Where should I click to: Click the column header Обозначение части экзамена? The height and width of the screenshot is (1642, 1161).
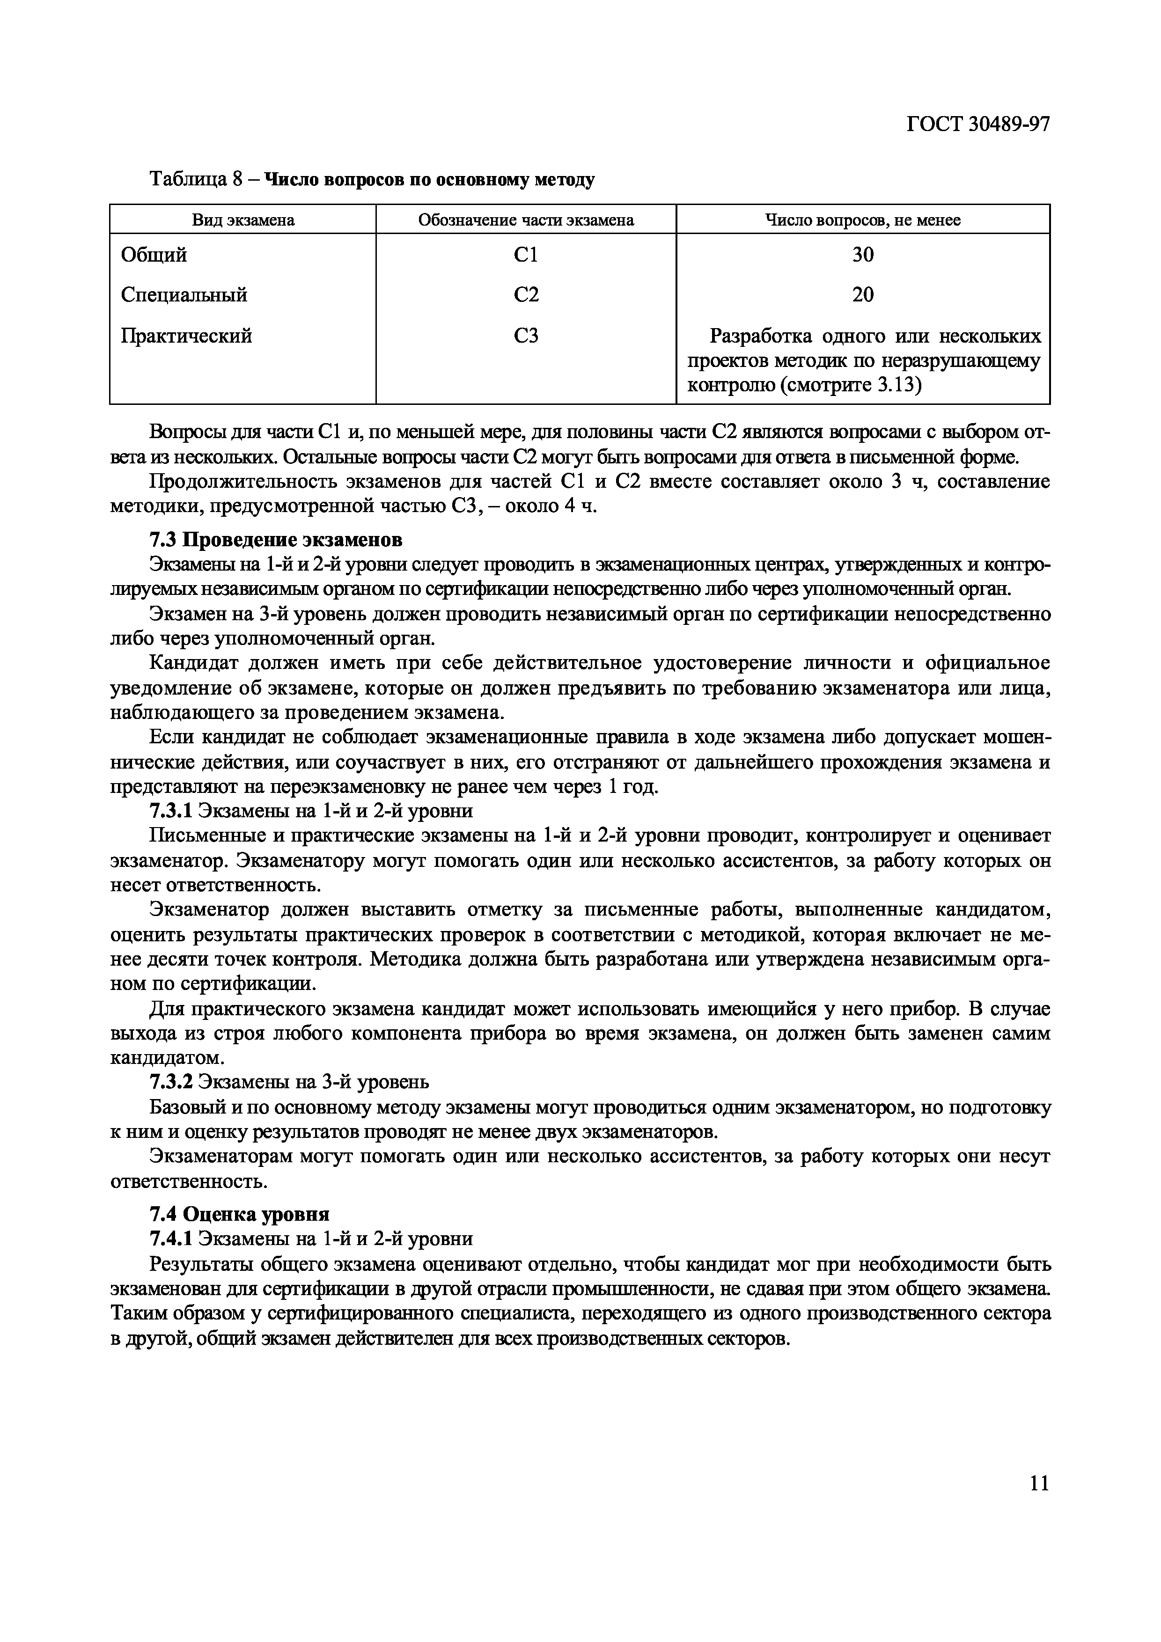[526, 220]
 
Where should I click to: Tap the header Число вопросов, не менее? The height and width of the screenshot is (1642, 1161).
[863, 220]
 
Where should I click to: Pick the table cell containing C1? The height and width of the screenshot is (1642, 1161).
[526, 255]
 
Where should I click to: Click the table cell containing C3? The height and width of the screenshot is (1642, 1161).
[526, 336]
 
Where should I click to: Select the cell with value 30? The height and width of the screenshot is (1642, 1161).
[863, 255]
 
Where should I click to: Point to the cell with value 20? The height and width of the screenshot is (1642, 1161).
[863, 294]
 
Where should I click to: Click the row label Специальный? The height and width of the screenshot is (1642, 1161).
[184, 294]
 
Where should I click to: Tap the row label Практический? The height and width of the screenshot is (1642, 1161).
[186, 336]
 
